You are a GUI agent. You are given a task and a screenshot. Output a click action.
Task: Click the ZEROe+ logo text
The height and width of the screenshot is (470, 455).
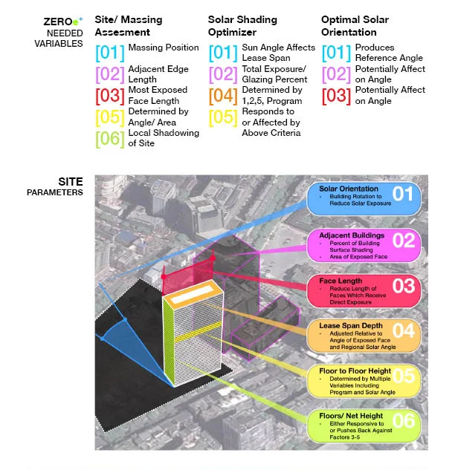63,22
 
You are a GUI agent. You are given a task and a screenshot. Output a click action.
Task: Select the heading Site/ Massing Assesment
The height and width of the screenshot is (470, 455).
129,26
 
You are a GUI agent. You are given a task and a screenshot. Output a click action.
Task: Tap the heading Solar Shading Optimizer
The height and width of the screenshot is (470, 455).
242,26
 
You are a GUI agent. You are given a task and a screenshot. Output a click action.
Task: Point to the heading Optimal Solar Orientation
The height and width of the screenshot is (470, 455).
355,26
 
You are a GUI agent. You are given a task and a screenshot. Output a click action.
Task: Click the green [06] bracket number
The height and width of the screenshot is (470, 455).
110,139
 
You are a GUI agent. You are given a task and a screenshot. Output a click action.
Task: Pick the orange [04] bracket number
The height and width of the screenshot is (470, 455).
223,96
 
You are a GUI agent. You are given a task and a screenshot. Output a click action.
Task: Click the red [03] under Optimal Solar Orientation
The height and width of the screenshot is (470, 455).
336,96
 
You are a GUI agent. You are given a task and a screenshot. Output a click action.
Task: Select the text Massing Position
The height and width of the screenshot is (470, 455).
164,48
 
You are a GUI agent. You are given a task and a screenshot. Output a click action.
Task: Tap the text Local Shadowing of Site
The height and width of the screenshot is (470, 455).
164,138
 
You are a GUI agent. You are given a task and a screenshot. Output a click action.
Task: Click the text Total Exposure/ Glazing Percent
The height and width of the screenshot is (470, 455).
274,74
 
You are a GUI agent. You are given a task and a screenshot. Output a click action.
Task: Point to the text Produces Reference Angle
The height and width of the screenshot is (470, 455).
389,53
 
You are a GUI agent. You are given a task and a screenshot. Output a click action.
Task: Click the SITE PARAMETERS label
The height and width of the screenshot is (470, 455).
54,186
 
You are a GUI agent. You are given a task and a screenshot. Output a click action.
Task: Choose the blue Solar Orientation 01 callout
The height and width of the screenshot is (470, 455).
364,198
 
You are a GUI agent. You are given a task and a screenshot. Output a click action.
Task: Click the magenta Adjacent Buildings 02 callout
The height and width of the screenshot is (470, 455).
364,246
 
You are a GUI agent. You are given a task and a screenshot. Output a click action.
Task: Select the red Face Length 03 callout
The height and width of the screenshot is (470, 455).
364,291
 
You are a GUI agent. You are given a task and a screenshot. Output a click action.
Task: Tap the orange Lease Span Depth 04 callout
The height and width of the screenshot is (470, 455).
364,336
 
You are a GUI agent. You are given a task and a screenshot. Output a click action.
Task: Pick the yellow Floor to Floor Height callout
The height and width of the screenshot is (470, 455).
364,381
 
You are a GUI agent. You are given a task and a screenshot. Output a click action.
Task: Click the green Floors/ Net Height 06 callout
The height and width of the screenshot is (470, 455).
364,426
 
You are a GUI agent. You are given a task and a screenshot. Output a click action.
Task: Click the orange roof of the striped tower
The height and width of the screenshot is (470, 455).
193,293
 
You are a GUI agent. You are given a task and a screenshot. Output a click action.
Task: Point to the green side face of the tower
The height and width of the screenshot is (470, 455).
169,340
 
